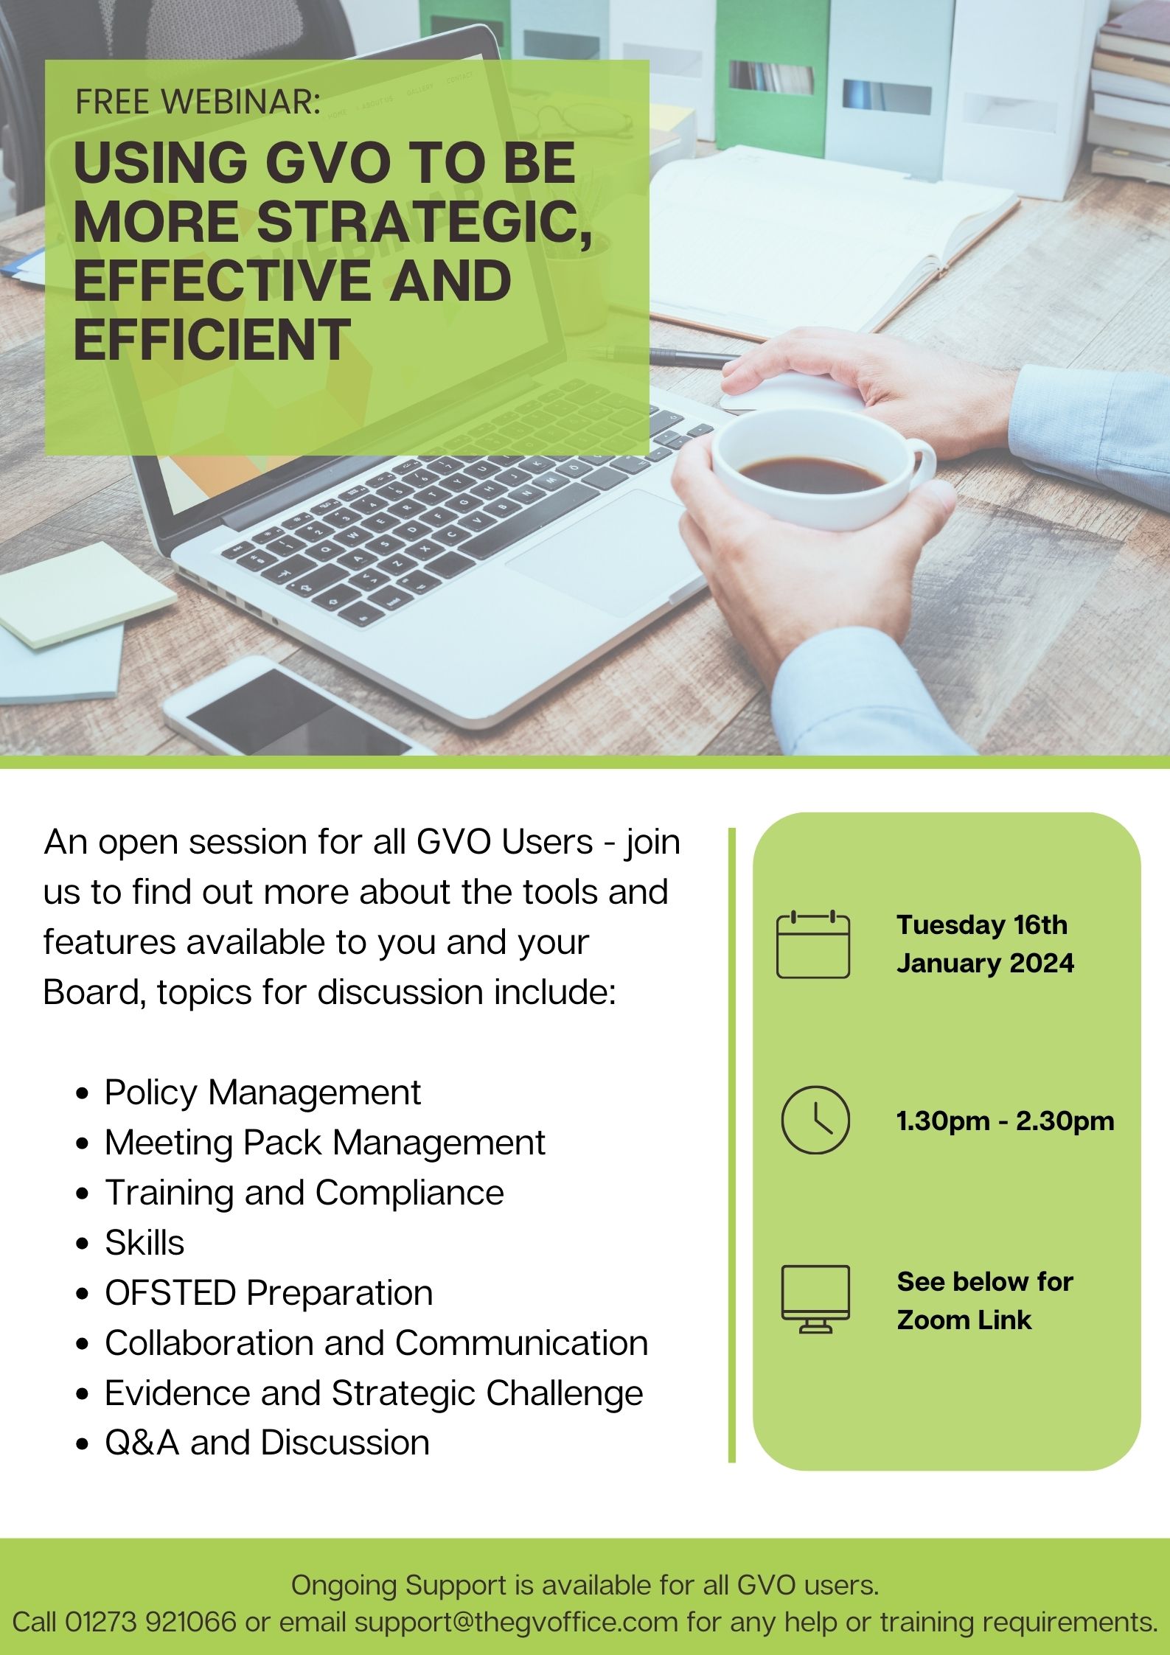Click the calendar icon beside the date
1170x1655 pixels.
pos(813,945)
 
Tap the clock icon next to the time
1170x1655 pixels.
pos(815,1120)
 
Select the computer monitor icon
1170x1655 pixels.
pos(815,1299)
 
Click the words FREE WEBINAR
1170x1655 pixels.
pos(198,102)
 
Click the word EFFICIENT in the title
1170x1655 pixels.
pos(212,340)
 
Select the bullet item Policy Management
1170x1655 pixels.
pos(262,1093)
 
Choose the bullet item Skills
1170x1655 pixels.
pos(144,1243)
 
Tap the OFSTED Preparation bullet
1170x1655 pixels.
pos(268,1293)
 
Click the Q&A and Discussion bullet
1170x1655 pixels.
pos(267,1443)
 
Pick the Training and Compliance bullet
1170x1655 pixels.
pos(304,1193)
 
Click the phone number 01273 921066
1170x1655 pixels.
pos(151,1622)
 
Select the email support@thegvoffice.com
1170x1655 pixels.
pos(516,1622)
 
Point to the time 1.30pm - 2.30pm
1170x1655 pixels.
pos(1005,1121)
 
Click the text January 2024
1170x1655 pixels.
pos(985,963)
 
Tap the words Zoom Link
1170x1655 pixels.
pos(964,1320)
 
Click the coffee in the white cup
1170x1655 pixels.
pos(811,473)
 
